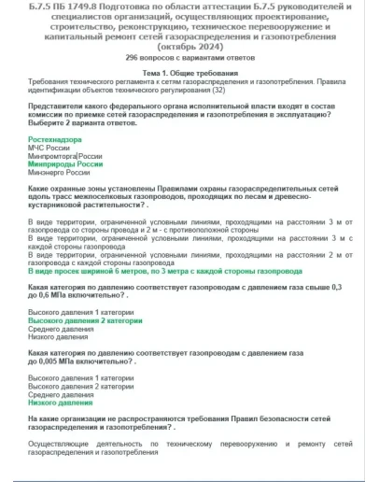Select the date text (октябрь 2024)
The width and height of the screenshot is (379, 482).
(x=190, y=45)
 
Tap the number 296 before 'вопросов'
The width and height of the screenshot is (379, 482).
(x=131, y=56)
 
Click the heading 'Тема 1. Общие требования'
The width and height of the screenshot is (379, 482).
(x=190, y=72)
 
